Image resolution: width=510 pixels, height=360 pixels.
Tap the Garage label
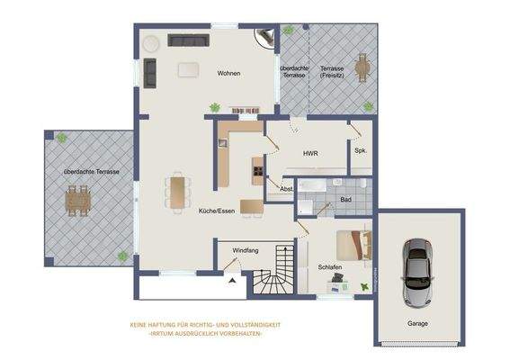tap(416, 323)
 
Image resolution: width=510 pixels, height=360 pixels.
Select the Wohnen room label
tap(228, 73)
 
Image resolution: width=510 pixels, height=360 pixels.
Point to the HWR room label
tap(310, 155)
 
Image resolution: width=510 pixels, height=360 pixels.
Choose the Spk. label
tap(361, 150)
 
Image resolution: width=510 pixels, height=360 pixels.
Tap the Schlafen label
tap(330, 267)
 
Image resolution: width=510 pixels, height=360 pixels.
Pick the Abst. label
tap(287, 189)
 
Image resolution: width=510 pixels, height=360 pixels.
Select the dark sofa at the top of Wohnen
tap(188, 40)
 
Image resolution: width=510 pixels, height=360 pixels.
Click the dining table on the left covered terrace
tap(78, 198)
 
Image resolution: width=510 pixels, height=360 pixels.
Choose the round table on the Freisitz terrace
tap(362, 67)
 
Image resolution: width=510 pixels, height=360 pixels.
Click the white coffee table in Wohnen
tap(189, 68)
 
